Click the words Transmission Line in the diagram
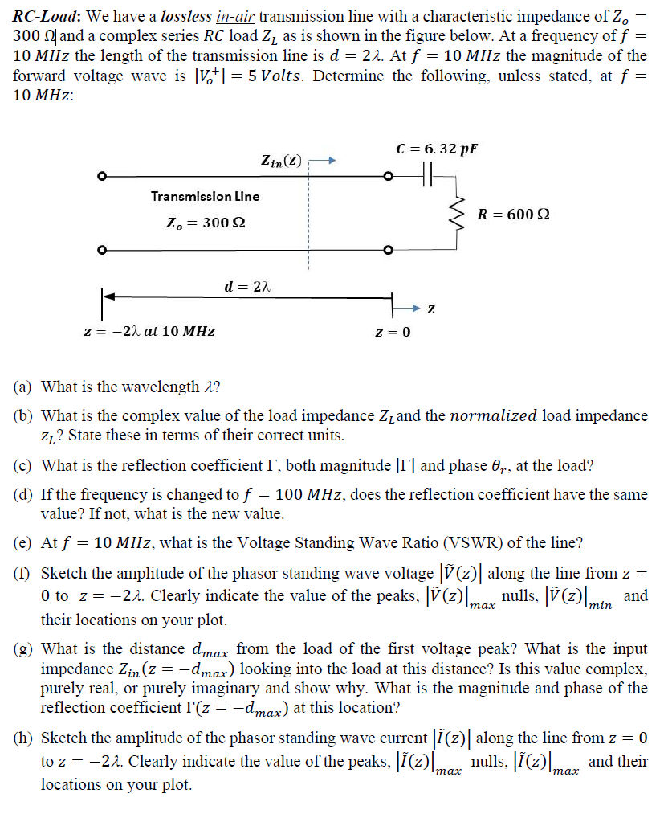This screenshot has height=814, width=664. [205, 196]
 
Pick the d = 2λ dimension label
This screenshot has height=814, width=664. [246, 285]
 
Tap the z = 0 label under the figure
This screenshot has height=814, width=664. [393, 332]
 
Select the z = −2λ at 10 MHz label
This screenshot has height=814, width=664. [149, 331]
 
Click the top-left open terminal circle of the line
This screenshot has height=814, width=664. [101, 176]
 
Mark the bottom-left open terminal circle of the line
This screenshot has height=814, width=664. [101, 250]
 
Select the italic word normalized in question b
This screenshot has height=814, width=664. [493, 416]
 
